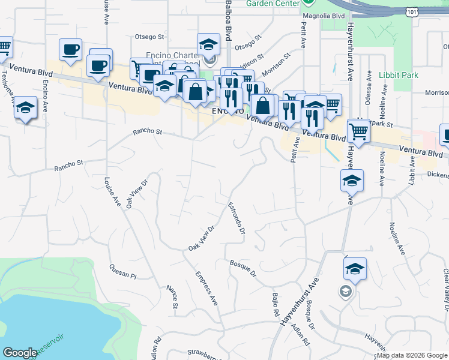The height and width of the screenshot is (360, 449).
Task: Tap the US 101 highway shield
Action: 411,13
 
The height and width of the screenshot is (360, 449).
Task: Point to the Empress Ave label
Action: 206,289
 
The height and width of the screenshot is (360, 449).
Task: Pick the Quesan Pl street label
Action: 123,272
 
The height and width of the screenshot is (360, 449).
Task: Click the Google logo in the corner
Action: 20,352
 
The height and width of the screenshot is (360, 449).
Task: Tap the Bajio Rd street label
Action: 276,305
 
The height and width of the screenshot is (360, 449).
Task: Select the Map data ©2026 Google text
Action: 412,355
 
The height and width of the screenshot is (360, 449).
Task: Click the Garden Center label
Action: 273,3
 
